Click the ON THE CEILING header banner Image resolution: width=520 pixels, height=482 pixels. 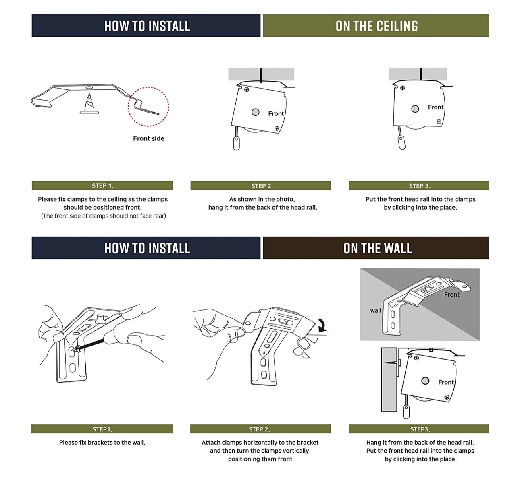(x=376, y=26)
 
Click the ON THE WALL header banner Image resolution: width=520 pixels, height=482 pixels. (x=376, y=248)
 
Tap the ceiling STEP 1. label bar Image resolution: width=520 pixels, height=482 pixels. (x=102, y=185)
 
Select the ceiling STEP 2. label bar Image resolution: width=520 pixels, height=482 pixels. (x=261, y=185)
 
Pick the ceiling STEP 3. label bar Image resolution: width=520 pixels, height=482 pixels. (x=419, y=185)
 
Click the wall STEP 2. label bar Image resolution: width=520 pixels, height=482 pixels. (x=260, y=429)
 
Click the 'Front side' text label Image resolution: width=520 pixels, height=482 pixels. (x=149, y=138)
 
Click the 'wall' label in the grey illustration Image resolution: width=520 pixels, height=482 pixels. (x=375, y=310)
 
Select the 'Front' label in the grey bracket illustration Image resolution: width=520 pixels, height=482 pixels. (x=451, y=295)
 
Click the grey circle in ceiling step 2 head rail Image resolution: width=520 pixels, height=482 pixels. (x=255, y=112)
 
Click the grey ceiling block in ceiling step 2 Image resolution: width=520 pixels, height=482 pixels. (x=261, y=74)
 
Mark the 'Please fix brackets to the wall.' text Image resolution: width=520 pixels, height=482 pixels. (x=102, y=442)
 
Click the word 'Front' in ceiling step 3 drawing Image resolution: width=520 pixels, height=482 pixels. (x=436, y=107)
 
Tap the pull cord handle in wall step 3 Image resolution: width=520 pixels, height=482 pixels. (x=406, y=412)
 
